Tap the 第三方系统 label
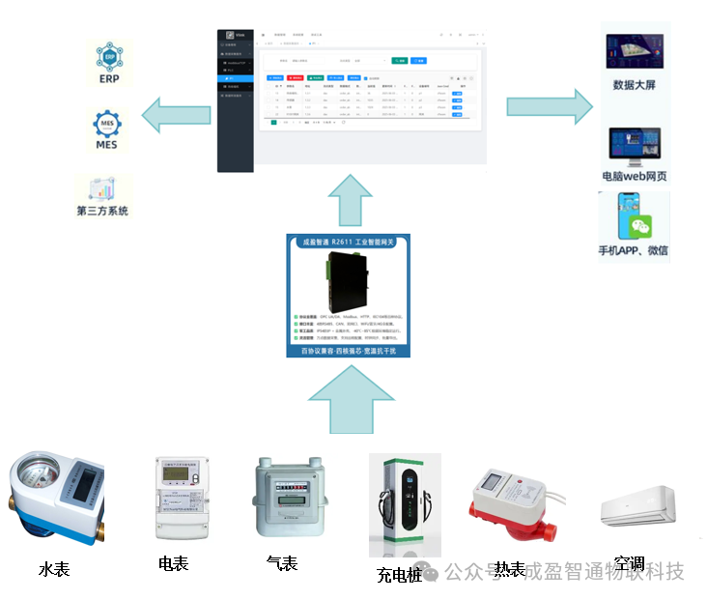[x=102, y=211]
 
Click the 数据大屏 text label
[x=634, y=85]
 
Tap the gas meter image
[x=285, y=497]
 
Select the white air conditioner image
[x=636, y=507]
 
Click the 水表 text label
[x=54, y=569]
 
